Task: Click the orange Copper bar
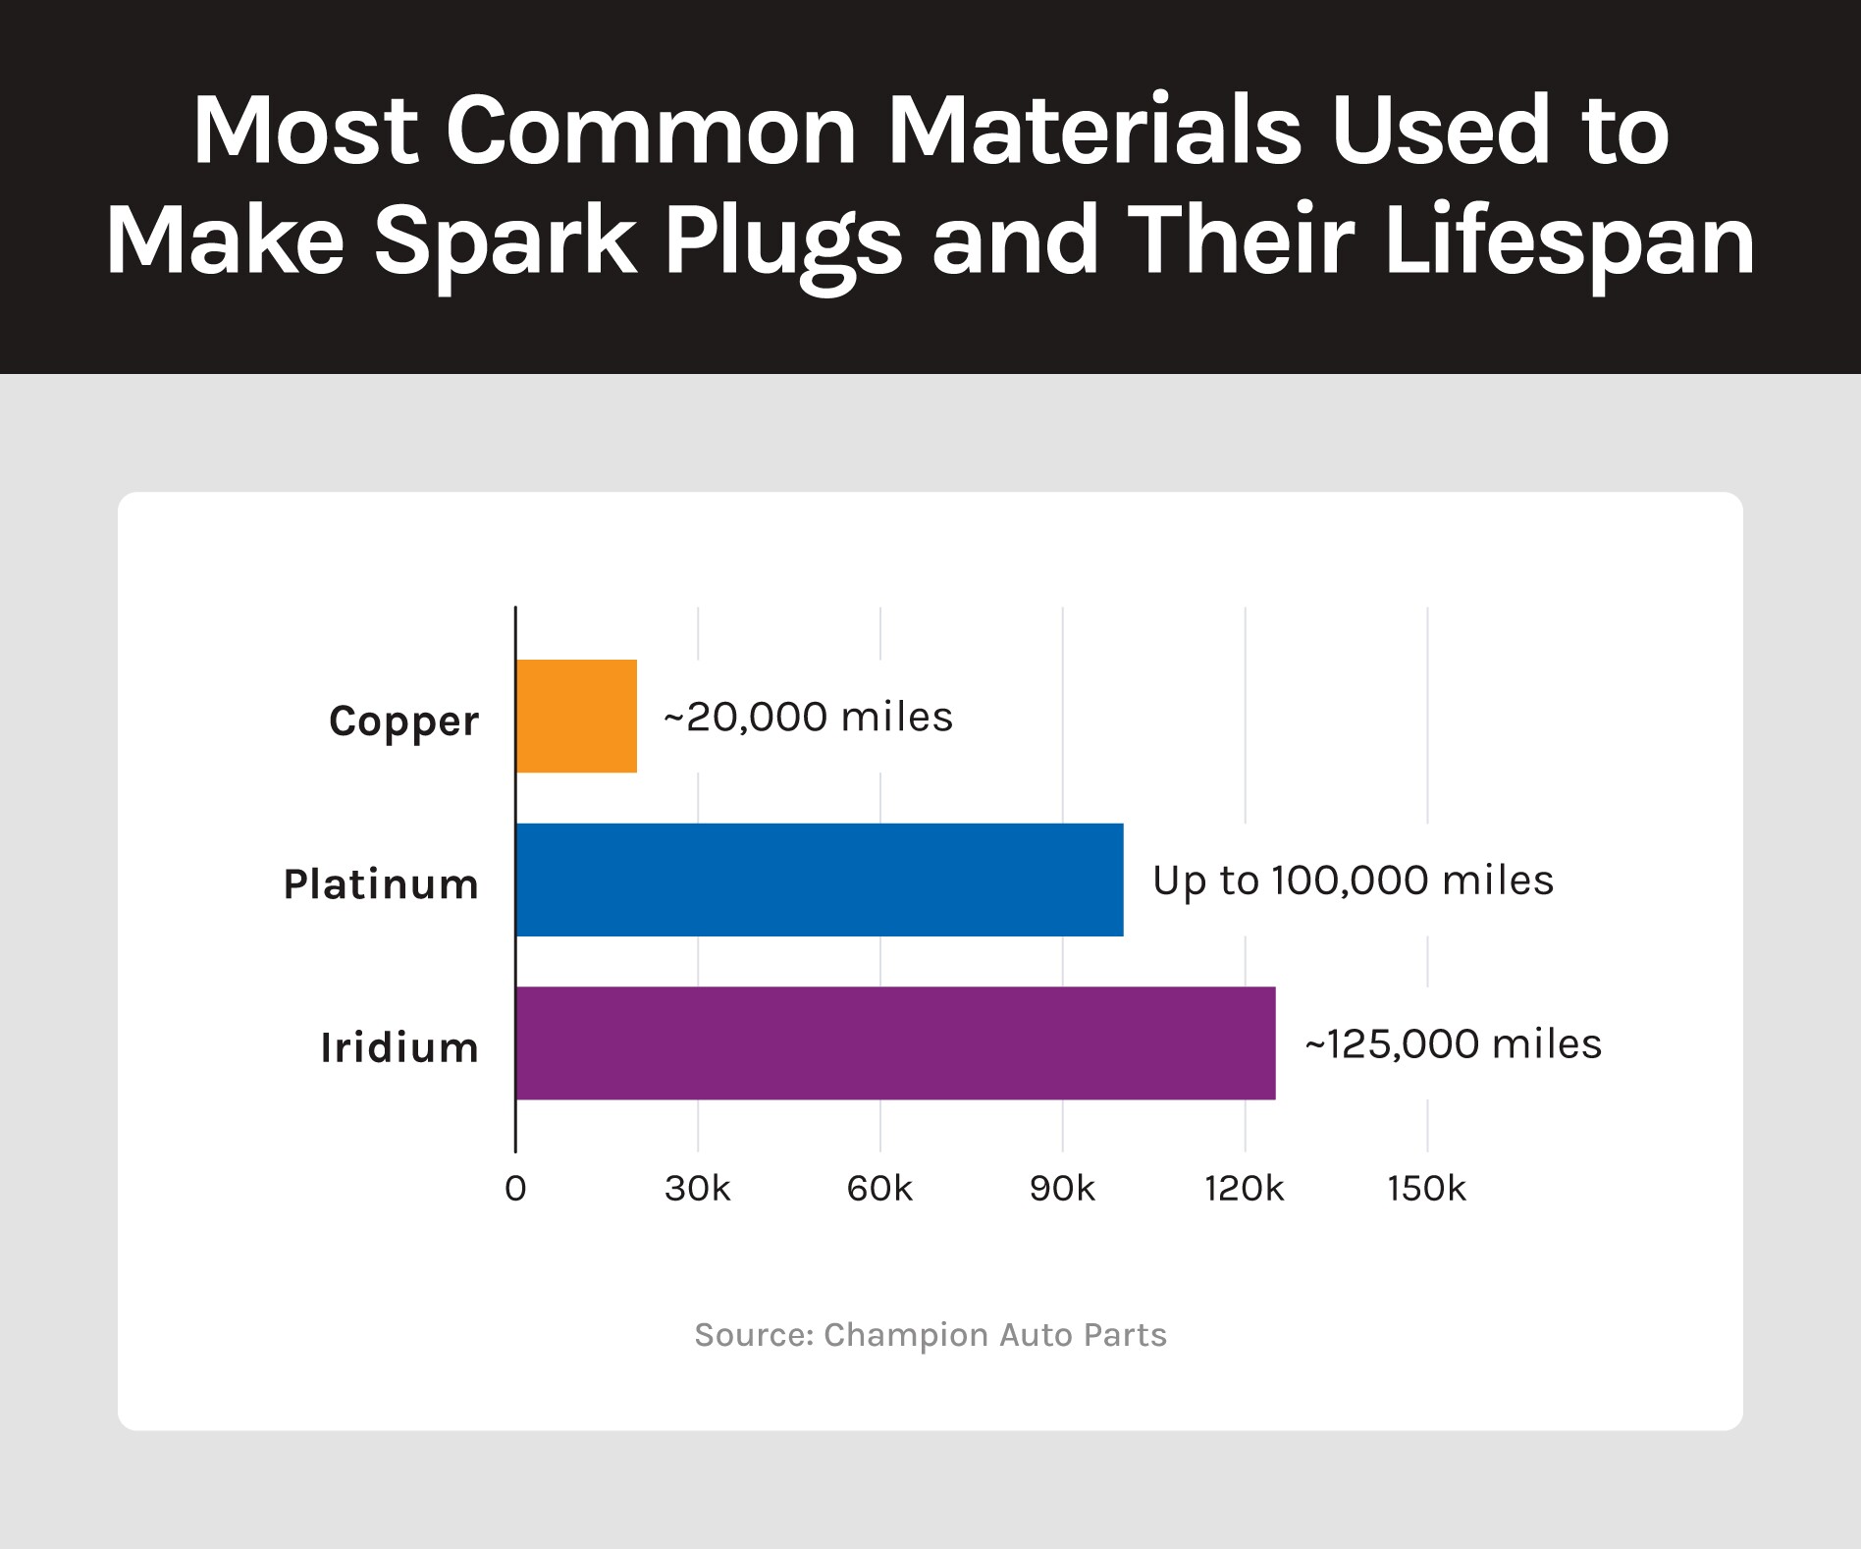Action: tap(576, 716)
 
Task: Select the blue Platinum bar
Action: tap(820, 880)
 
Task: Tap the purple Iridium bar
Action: tap(896, 1042)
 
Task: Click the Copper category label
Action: tap(403, 721)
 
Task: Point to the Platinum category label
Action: tap(381, 884)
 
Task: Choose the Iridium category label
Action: tap(399, 1047)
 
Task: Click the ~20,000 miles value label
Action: tap(808, 717)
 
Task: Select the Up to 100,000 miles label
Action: tap(1353, 881)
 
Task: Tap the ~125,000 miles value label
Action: tap(1453, 1043)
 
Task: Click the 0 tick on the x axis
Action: tap(515, 1189)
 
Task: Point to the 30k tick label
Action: tap(698, 1189)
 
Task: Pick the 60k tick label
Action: tap(879, 1189)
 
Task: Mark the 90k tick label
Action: tap(1062, 1189)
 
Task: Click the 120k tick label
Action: tap(1245, 1189)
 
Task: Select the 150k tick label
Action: tap(1426, 1189)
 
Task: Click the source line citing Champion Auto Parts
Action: tap(930, 1335)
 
